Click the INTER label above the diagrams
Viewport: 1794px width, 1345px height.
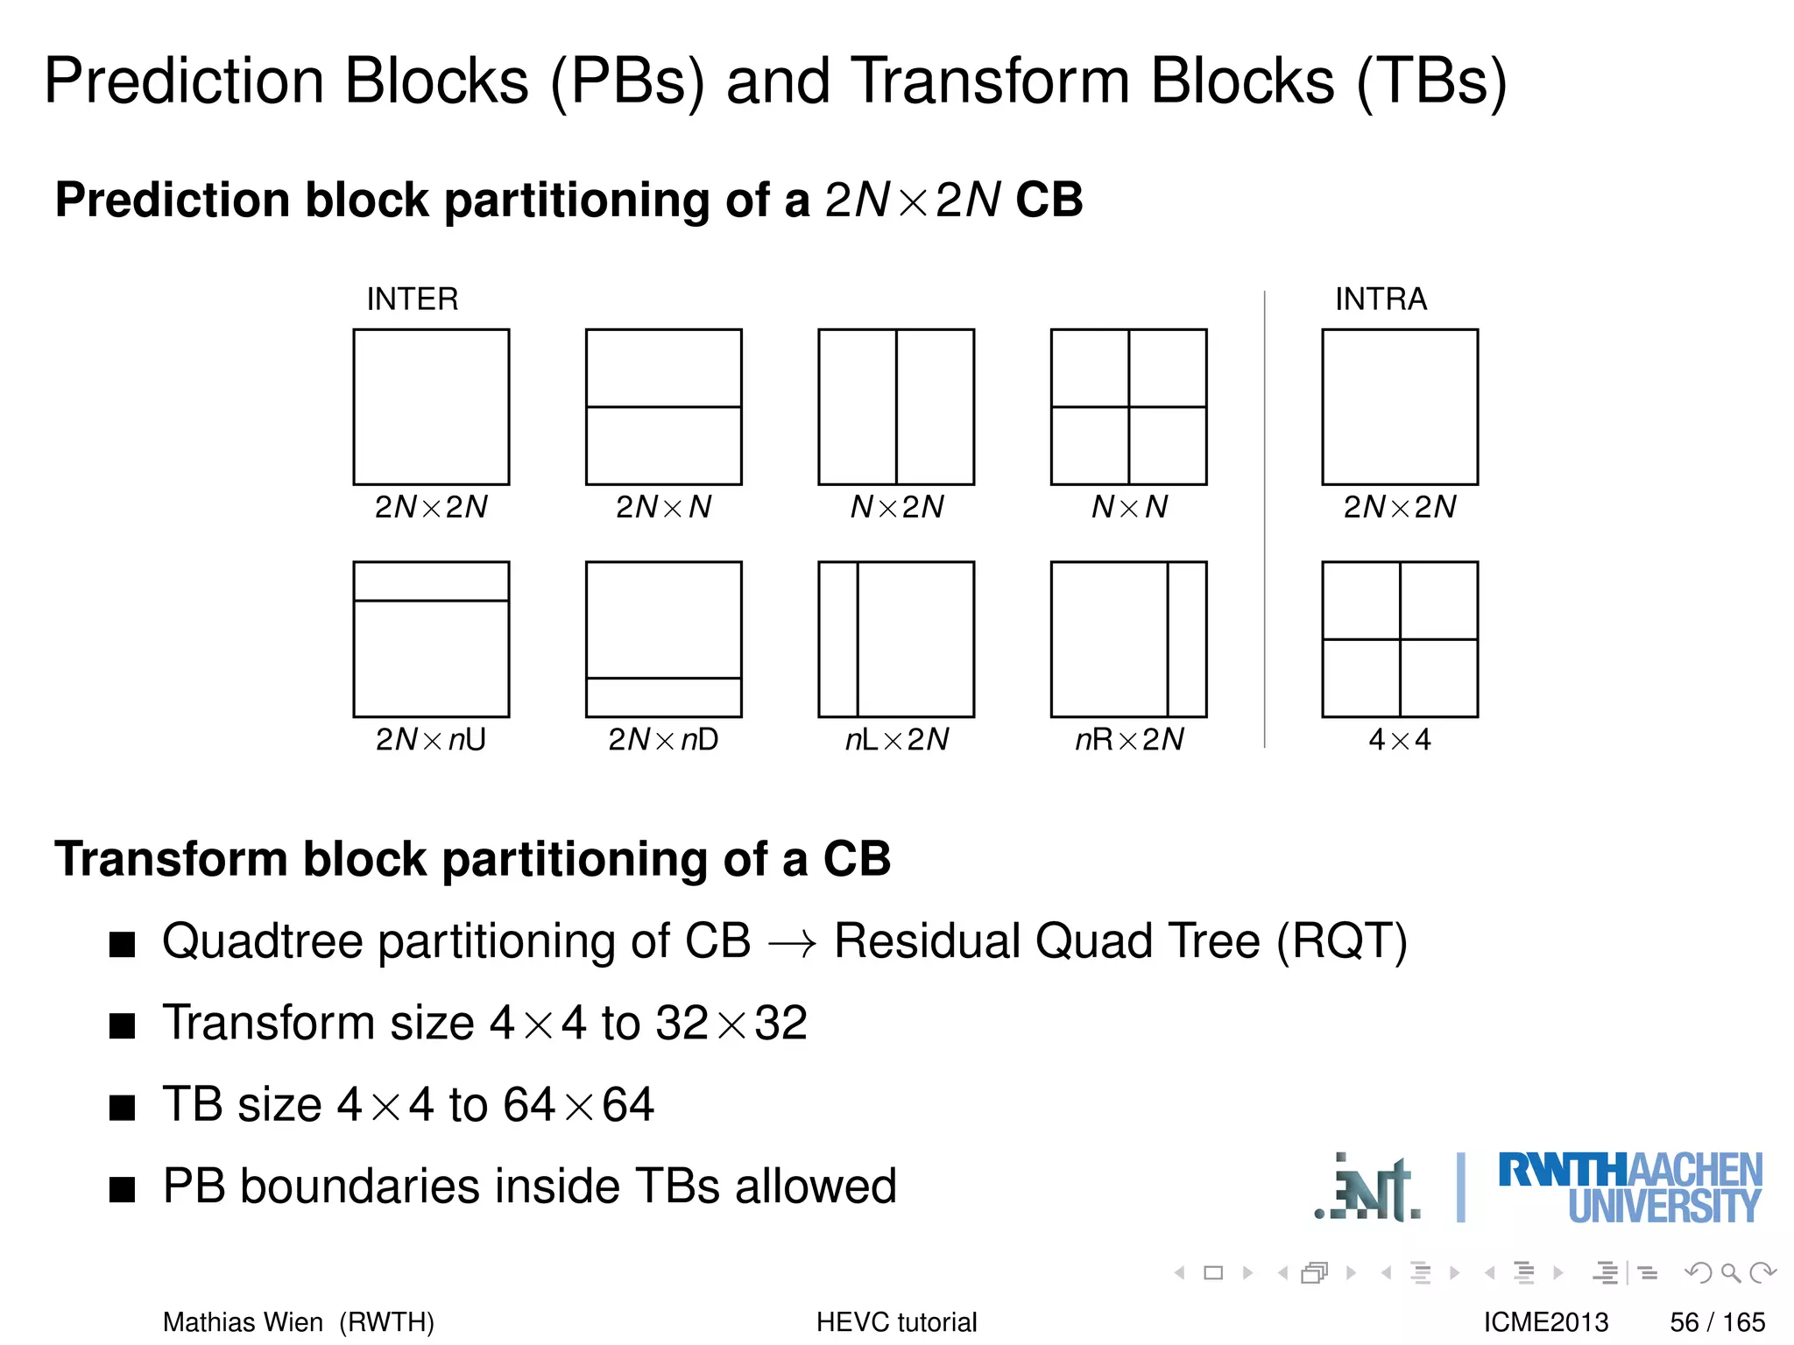pyautogui.click(x=412, y=299)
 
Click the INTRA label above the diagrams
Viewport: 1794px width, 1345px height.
pyautogui.click(x=1381, y=299)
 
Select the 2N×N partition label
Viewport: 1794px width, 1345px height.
pyautogui.click(x=663, y=507)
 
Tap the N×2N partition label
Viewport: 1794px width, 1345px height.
pyautogui.click(x=896, y=507)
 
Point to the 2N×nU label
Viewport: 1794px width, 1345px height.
pyautogui.click(x=430, y=740)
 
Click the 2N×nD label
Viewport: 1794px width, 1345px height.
pyautogui.click(x=663, y=740)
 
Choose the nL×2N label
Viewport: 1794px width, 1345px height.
pyautogui.click(x=896, y=740)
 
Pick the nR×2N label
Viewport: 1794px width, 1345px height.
pyautogui.click(x=1129, y=740)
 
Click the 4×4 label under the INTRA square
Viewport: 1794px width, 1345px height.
pyautogui.click(x=1399, y=740)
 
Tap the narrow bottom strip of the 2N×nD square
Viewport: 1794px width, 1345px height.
pyautogui.click(x=663, y=698)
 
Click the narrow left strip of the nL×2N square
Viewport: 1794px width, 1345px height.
pyautogui.click(x=838, y=639)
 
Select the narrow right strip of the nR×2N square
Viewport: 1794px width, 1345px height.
pyautogui.click(x=1187, y=639)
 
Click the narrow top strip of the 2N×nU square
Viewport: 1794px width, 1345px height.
pyautogui.click(x=431, y=581)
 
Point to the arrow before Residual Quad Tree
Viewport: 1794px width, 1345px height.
pyautogui.click(x=792, y=944)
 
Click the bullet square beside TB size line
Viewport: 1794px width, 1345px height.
pyautogui.click(x=123, y=1108)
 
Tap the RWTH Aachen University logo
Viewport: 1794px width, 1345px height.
pyautogui.click(x=1629, y=1187)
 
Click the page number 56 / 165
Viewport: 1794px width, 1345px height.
pyautogui.click(x=1717, y=1321)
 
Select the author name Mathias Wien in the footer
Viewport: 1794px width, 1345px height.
pyautogui.click(x=243, y=1321)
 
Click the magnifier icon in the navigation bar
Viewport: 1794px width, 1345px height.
pyautogui.click(x=1730, y=1272)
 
